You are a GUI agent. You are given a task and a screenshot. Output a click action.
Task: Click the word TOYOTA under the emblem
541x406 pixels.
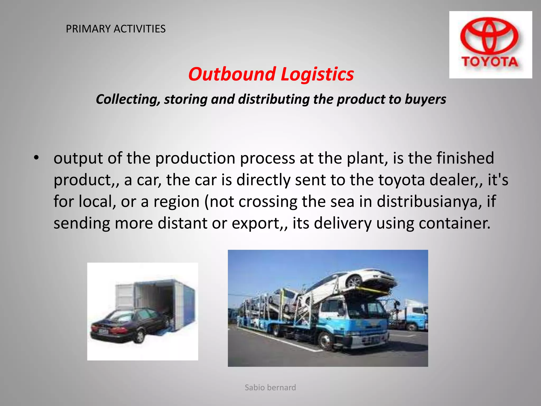(x=489, y=62)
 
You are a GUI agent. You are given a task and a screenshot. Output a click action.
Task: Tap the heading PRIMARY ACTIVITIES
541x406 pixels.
(x=115, y=29)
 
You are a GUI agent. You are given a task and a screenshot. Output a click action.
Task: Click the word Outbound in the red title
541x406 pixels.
(x=232, y=74)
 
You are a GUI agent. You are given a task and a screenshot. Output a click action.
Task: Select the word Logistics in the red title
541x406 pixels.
(x=317, y=75)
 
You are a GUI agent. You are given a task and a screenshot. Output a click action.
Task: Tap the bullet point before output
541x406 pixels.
(x=36, y=158)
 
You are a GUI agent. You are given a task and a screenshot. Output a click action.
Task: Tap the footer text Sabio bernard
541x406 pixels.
(x=270, y=387)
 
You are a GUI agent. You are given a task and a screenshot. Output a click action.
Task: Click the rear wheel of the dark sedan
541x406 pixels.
(x=139, y=337)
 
